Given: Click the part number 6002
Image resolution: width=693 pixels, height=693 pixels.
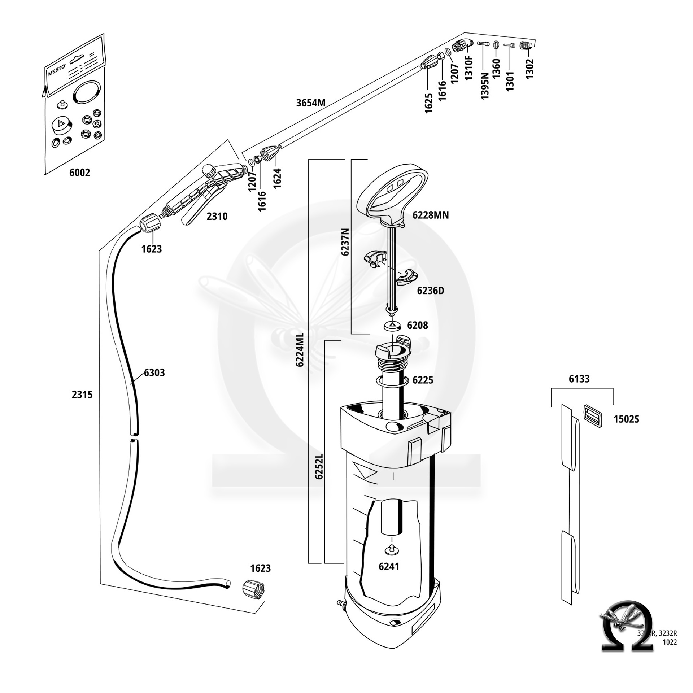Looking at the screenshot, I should (x=79, y=173).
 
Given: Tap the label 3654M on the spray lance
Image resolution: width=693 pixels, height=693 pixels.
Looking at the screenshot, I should (x=311, y=103).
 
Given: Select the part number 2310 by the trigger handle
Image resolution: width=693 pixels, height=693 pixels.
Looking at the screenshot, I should (x=217, y=216).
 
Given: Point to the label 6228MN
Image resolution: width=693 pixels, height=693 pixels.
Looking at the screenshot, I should (x=431, y=215).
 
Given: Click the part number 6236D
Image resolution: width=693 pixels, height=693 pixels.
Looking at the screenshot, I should (x=430, y=291).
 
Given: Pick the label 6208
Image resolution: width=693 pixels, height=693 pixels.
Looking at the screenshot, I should (x=417, y=325).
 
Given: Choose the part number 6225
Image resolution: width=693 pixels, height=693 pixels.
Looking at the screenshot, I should (x=423, y=380).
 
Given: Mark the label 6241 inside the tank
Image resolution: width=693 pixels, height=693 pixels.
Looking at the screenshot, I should (x=389, y=566).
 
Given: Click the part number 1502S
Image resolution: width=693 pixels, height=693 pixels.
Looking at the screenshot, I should (x=626, y=419).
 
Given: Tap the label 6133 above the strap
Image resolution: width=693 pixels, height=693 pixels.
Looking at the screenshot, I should (x=579, y=379).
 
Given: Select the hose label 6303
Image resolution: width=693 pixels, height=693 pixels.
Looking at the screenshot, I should (x=154, y=372).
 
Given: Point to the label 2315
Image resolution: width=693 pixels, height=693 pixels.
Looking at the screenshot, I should (x=82, y=395).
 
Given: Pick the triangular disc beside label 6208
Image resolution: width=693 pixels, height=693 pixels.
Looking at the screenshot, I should (x=392, y=326).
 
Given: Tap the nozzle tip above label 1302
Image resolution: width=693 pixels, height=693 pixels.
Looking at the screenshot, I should (x=524, y=46).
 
